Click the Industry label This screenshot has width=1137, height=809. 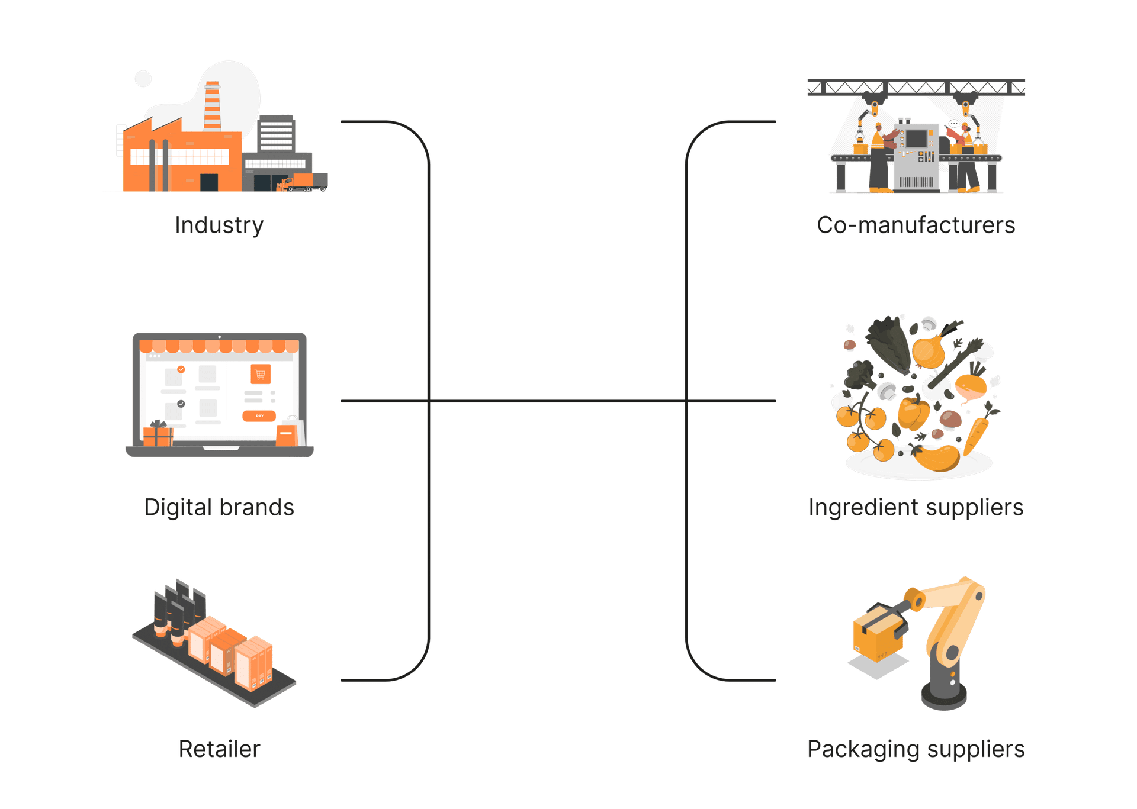click(219, 225)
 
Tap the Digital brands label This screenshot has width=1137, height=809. click(219, 507)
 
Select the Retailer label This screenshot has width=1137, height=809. click(219, 749)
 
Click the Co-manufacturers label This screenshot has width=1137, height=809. click(916, 225)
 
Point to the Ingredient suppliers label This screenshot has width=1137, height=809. click(916, 507)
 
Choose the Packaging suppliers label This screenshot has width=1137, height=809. click(916, 749)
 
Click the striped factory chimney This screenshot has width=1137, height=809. click(212, 107)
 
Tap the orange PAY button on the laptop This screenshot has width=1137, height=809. click(259, 416)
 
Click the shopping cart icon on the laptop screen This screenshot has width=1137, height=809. click(261, 374)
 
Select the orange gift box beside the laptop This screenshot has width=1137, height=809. click(158, 435)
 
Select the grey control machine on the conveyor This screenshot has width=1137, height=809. click(916, 157)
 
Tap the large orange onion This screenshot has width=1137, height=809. click(928, 351)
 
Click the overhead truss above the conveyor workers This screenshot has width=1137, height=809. click(916, 88)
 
